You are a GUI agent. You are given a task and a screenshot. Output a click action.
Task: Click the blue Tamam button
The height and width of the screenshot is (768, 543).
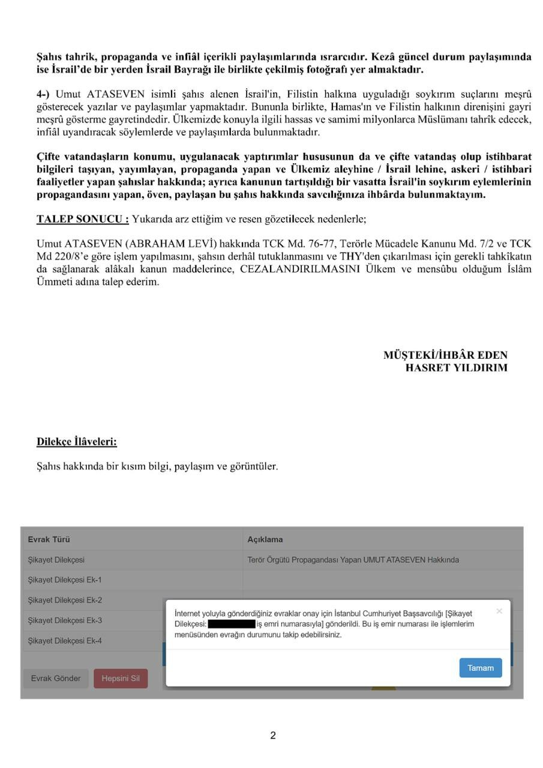click(x=480, y=668)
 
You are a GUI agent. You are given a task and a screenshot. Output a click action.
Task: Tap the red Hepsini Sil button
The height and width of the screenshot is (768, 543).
click(x=120, y=679)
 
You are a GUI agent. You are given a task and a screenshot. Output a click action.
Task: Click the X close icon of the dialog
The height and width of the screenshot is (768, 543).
click(x=499, y=611)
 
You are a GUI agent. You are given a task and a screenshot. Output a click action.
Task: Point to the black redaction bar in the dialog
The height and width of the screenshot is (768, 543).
click(x=231, y=625)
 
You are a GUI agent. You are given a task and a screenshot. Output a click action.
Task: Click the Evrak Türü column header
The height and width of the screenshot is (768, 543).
click(x=49, y=539)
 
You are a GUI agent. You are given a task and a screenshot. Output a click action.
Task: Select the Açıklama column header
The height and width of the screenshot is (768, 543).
click(x=265, y=539)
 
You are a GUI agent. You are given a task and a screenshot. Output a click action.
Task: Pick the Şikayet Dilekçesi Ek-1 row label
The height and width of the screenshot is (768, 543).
click(x=64, y=580)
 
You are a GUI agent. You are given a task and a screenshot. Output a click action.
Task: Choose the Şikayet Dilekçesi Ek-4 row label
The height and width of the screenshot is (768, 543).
click(x=64, y=641)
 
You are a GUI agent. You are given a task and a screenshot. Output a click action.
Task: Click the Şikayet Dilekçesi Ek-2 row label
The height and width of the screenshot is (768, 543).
click(x=64, y=601)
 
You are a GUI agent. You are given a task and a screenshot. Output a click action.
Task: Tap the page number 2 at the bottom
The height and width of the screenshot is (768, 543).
click(x=273, y=736)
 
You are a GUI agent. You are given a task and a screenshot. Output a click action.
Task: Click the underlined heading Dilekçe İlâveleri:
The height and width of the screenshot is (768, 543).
click(x=77, y=442)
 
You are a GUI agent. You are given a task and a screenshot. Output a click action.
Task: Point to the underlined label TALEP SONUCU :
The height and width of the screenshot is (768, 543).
click(x=83, y=219)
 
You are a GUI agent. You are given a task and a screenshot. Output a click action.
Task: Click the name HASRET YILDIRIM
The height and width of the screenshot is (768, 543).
click(x=456, y=368)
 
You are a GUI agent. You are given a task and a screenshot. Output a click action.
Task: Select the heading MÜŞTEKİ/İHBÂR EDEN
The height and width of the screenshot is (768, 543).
click(x=445, y=355)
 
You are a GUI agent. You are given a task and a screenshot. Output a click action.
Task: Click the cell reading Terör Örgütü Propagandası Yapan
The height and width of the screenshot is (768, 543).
click(x=353, y=560)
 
